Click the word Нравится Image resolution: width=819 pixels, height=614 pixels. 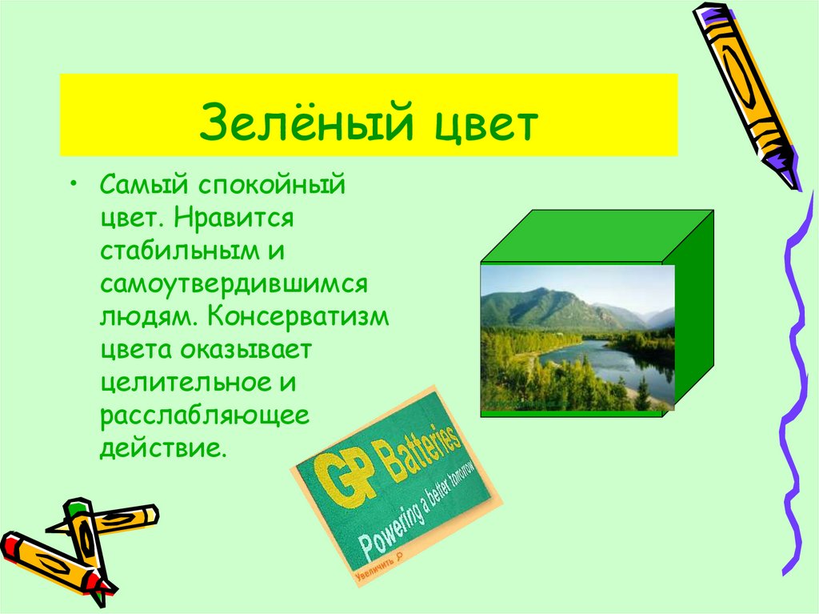click(x=238, y=219)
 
